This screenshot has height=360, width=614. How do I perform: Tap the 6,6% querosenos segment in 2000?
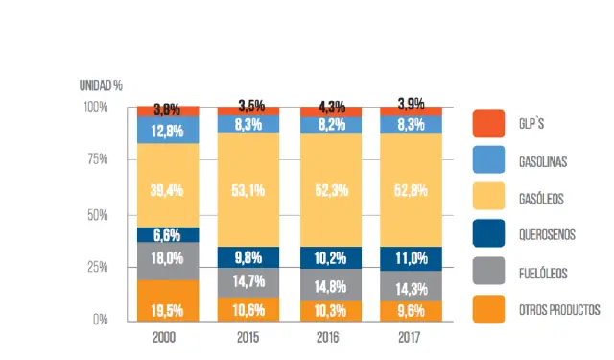(x=168, y=235)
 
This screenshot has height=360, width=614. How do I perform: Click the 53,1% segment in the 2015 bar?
(x=249, y=190)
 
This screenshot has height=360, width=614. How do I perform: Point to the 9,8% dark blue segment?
(x=249, y=257)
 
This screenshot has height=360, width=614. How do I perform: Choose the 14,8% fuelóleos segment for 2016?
(x=331, y=283)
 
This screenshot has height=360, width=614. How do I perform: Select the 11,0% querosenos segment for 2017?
(x=413, y=257)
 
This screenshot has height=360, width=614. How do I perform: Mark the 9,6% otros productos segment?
(x=413, y=310)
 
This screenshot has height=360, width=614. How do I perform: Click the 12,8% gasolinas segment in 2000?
(x=168, y=131)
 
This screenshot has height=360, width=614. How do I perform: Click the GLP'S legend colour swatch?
(x=488, y=124)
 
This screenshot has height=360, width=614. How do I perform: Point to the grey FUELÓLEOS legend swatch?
(x=488, y=273)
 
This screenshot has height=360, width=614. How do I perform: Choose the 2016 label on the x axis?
(x=331, y=338)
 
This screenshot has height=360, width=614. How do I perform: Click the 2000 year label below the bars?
(x=168, y=338)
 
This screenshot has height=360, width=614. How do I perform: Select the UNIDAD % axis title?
(x=101, y=85)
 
